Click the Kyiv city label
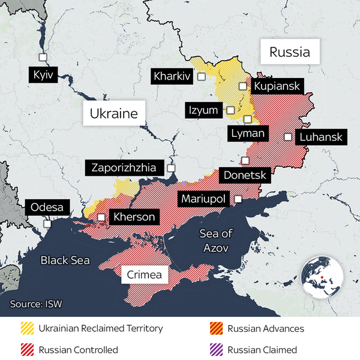point(44,76)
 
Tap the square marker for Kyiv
point(43,57)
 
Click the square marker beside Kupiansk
point(243,86)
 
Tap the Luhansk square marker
point(289,137)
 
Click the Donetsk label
point(244,176)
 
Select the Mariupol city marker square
point(238,199)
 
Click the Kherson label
point(134,217)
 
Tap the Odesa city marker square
point(47,224)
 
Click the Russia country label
point(290,52)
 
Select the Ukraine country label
point(114,113)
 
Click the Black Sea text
point(65,260)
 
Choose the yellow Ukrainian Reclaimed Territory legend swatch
point(27,328)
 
